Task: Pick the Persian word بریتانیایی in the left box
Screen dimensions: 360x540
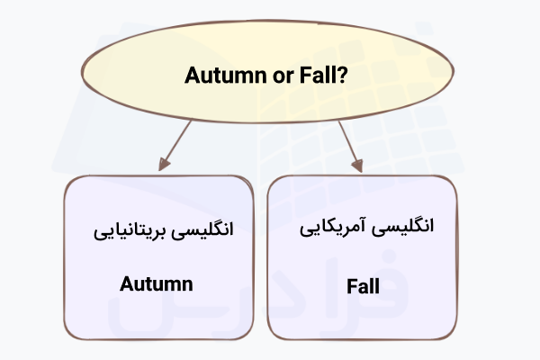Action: [130, 229]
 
